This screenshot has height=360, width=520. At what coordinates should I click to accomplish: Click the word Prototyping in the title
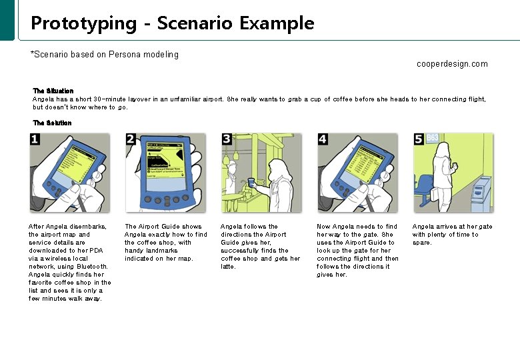(x=83, y=23)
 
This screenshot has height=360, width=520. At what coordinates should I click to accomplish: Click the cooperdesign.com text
(x=451, y=64)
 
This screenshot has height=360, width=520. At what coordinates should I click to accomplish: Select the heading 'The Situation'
(x=53, y=91)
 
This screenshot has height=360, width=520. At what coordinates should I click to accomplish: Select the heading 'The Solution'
(x=52, y=123)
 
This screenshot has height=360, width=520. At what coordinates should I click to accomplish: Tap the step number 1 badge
(x=35, y=139)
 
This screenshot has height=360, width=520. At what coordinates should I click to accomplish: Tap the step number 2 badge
(x=131, y=139)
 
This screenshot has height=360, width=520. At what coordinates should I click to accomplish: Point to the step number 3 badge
(x=227, y=139)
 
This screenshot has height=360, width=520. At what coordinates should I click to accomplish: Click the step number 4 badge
(x=323, y=139)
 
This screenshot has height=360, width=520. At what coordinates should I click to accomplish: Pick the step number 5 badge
(x=419, y=139)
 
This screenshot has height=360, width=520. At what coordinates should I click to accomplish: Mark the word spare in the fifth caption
(x=422, y=243)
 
